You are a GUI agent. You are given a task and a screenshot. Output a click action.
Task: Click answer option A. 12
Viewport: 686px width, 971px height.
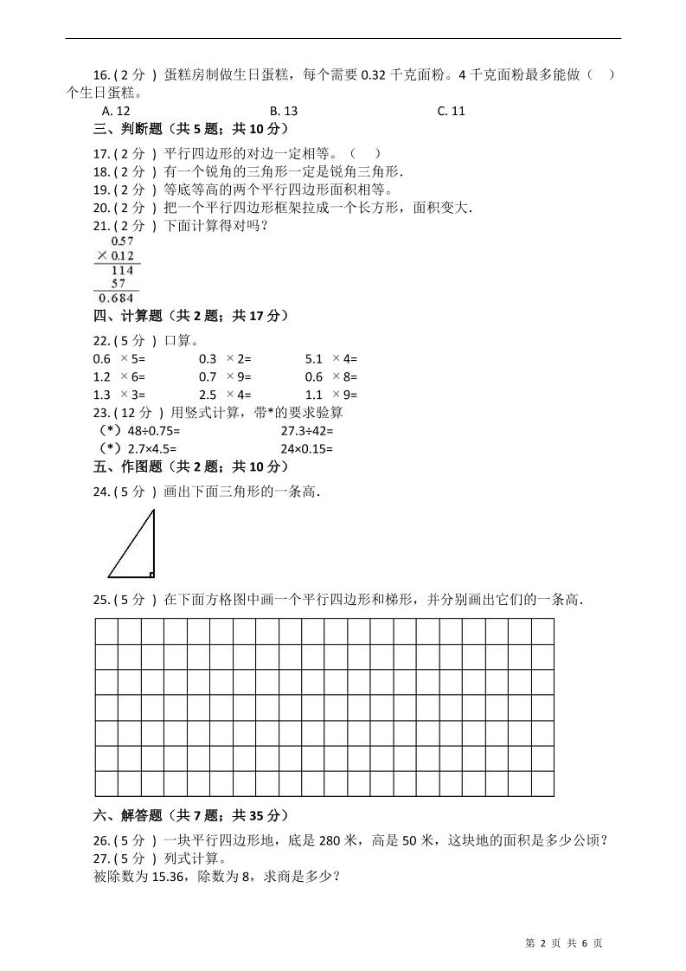point(116,111)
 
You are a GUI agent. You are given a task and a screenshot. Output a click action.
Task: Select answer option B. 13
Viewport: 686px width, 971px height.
point(284,111)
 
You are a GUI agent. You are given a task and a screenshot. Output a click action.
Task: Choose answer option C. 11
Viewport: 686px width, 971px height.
point(452,111)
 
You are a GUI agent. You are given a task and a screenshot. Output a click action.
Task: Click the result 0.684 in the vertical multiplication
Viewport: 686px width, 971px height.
point(117,299)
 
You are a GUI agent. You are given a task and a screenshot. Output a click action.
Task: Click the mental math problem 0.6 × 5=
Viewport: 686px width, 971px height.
point(119,358)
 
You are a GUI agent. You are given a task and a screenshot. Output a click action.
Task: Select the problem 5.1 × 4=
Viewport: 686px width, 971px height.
point(331,358)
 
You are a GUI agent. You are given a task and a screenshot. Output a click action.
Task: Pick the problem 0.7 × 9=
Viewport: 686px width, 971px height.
point(225,376)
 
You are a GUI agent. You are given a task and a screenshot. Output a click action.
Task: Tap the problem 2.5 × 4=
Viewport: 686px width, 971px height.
point(225,395)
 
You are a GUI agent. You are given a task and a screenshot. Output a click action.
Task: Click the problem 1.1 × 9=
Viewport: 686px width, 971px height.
point(331,395)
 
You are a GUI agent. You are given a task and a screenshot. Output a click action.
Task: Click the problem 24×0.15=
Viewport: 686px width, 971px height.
point(306,449)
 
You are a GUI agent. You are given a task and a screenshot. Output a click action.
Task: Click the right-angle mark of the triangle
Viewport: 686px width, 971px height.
point(151,573)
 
